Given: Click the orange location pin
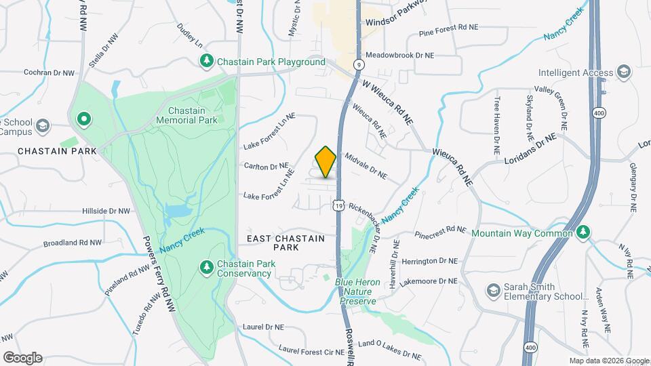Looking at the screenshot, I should [x=326, y=161].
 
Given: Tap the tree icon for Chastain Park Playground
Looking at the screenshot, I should [x=207, y=62].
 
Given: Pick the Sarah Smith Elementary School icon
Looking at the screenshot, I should [x=494, y=291].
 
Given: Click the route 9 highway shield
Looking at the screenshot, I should [x=358, y=64].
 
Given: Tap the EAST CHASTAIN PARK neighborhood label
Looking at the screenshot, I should [x=285, y=243].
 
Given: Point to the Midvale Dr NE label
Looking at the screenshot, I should [x=366, y=167].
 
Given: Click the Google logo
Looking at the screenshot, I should [x=22, y=357].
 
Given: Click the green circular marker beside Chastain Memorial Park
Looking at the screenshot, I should [x=84, y=120].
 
